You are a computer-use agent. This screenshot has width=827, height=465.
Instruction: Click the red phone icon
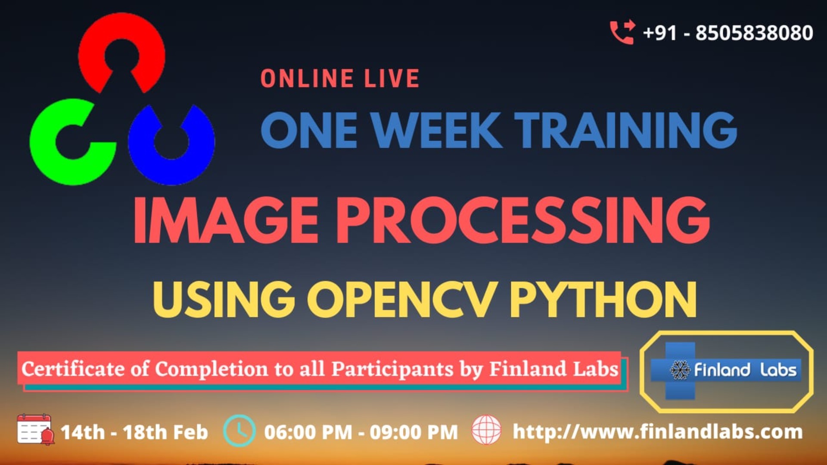coord(622,32)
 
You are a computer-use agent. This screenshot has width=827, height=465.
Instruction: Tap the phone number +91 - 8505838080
coord(728,33)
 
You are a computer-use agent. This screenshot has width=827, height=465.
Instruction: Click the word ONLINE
coord(307,79)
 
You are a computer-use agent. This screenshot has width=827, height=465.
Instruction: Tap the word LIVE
coord(392,79)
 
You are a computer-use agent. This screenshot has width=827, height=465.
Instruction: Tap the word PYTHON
coord(603,300)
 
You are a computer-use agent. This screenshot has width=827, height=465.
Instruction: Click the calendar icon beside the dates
coord(34,430)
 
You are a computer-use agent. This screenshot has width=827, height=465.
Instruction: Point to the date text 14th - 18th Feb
coord(134,432)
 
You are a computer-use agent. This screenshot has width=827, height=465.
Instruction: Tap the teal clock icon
coord(239,430)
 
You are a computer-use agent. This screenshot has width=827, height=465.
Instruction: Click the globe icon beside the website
coord(486,430)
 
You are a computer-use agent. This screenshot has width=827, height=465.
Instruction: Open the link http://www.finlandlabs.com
coord(658,432)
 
